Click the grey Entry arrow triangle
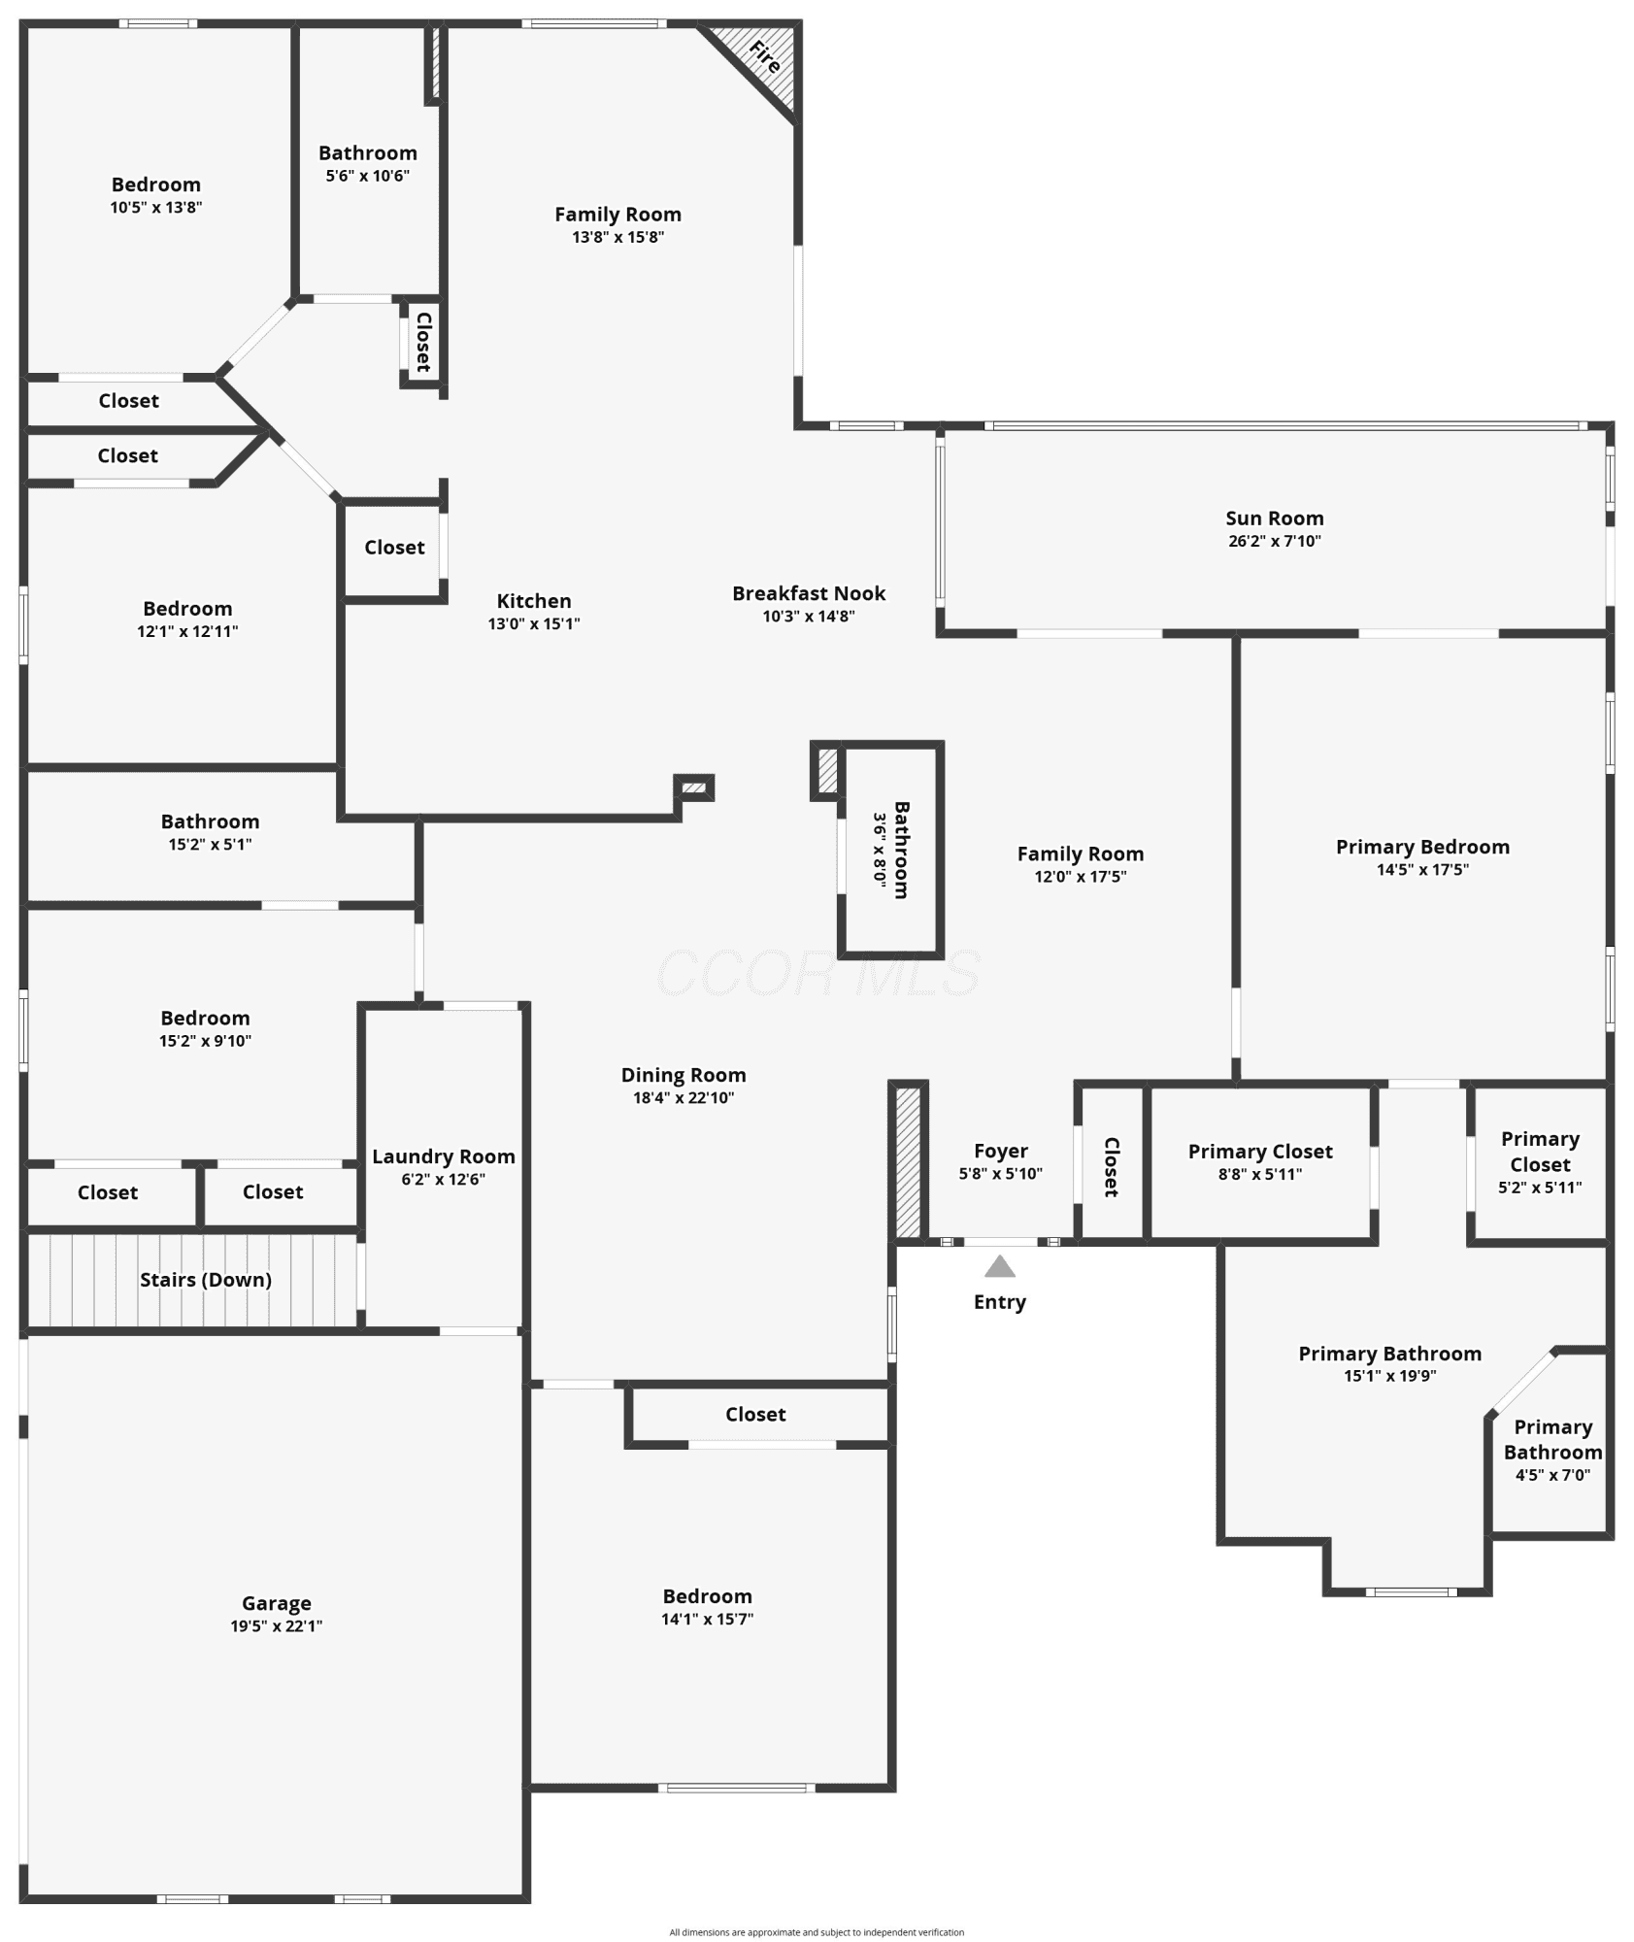(999, 1266)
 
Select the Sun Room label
(1274, 519)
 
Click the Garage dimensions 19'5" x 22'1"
(276, 1625)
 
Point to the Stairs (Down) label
(205, 1280)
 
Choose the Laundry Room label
(443, 1156)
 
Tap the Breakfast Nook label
(809, 593)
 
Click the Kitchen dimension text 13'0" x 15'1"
(534, 623)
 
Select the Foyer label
(1000, 1152)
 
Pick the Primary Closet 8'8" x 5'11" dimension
(1260, 1174)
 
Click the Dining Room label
(684, 1075)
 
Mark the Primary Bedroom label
(1422, 847)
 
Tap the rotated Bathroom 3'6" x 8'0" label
(890, 850)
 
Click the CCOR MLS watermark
(817, 973)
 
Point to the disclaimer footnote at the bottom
(817, 1932)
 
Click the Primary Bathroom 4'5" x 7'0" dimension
(1552, 1475)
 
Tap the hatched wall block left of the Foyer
(908, 1161)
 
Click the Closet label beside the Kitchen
(394, 548)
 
